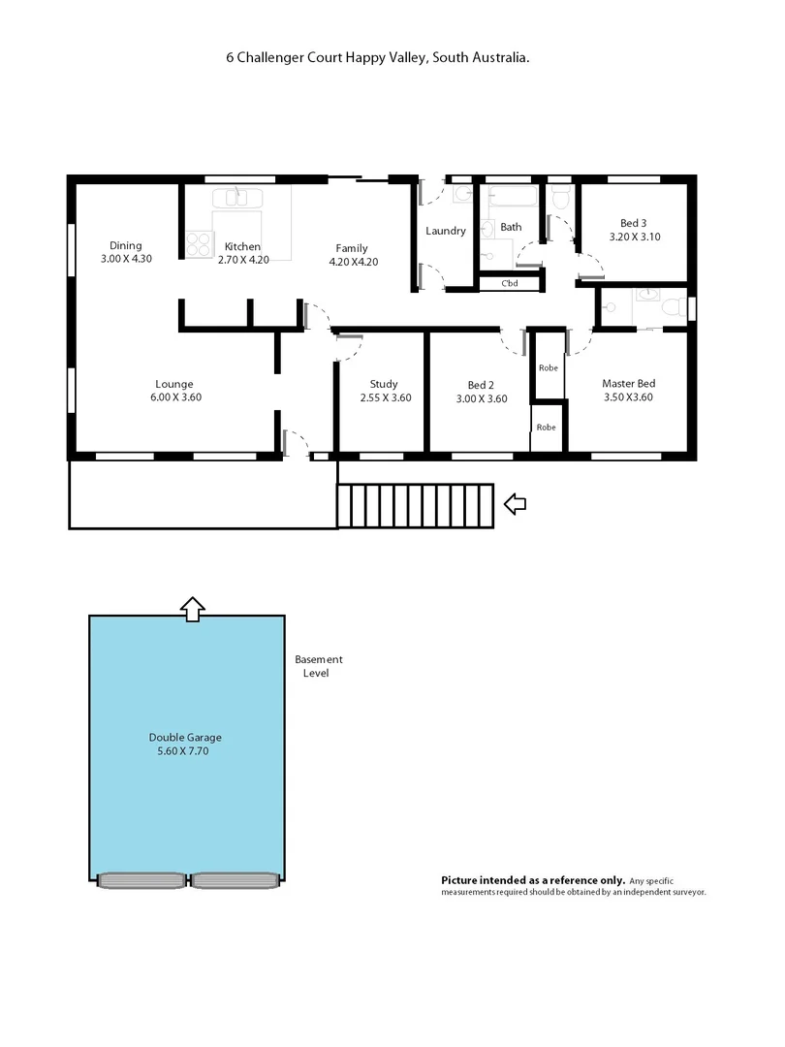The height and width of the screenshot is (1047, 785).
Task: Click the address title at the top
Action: pos(378,58)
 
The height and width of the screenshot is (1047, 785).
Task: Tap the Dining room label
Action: pos(126,245)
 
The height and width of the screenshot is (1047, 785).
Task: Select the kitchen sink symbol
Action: pos(238,198)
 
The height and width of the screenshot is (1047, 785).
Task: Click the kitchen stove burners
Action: pos(199,243)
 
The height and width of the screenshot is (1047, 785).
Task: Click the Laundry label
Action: pos(446,231)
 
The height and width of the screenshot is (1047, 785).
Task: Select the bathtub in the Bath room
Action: pos(511,197)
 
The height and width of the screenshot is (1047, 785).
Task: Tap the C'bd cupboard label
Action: pos(511,284)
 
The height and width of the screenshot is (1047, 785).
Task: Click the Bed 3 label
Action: pos(635,222)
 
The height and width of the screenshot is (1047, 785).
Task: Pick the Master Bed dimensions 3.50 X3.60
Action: pos(628,397)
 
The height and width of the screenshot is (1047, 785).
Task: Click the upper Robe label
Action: pos(548,367)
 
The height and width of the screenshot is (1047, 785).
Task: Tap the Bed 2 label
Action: pos(482,384)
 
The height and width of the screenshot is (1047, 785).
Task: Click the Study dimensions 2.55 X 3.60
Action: pos(385,397)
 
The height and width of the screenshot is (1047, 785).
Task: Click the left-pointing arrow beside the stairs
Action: pos(516,503)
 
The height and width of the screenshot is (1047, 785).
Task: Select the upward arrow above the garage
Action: pos(193,608)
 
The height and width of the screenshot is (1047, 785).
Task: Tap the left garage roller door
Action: pos(141,880)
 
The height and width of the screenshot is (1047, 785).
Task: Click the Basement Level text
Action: pos(318,666)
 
